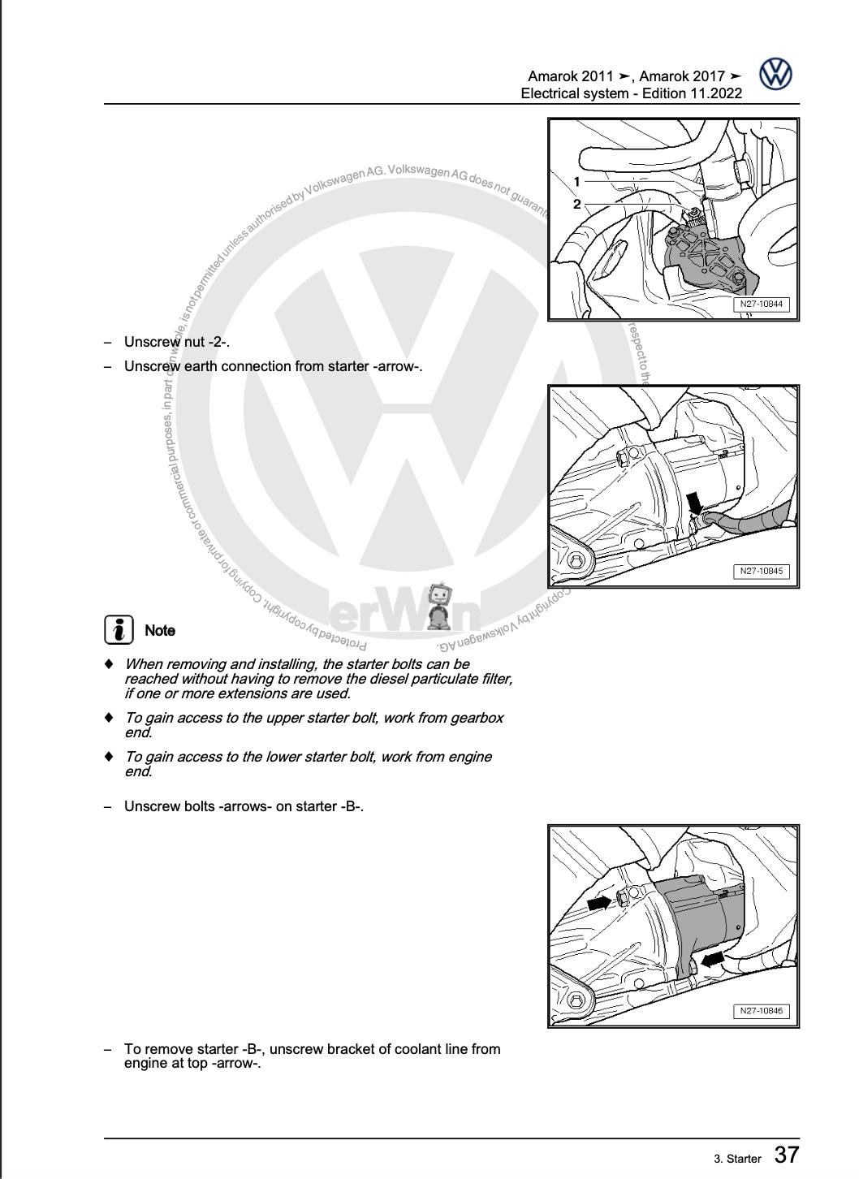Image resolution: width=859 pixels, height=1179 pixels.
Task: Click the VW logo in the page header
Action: (775, 75)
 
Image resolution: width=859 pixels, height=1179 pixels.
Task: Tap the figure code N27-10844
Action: (762, 304)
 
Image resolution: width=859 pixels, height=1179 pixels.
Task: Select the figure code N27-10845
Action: (762, 571)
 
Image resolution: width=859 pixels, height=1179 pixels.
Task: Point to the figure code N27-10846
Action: (762, 1011)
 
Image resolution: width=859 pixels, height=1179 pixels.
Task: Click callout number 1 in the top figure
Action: (576, 182)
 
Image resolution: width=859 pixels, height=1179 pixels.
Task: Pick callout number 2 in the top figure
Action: (576, 204)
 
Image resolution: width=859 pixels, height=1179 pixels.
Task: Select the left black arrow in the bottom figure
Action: (599, 902)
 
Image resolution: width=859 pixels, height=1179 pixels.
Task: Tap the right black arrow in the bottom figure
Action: (713, 960)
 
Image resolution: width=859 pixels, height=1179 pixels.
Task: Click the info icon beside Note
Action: (119, 629)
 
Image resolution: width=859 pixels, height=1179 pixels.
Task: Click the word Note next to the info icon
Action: (160, 630)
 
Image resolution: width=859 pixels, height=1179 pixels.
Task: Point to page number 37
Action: (786, 1155)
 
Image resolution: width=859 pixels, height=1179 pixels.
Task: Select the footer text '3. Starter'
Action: (737, 1159)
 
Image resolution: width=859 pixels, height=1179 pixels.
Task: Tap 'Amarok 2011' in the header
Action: (570, 76)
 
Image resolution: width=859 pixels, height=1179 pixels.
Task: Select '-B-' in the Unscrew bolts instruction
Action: (351, 806)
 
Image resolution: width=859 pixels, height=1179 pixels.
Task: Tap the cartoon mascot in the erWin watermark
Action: (438, 605)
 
